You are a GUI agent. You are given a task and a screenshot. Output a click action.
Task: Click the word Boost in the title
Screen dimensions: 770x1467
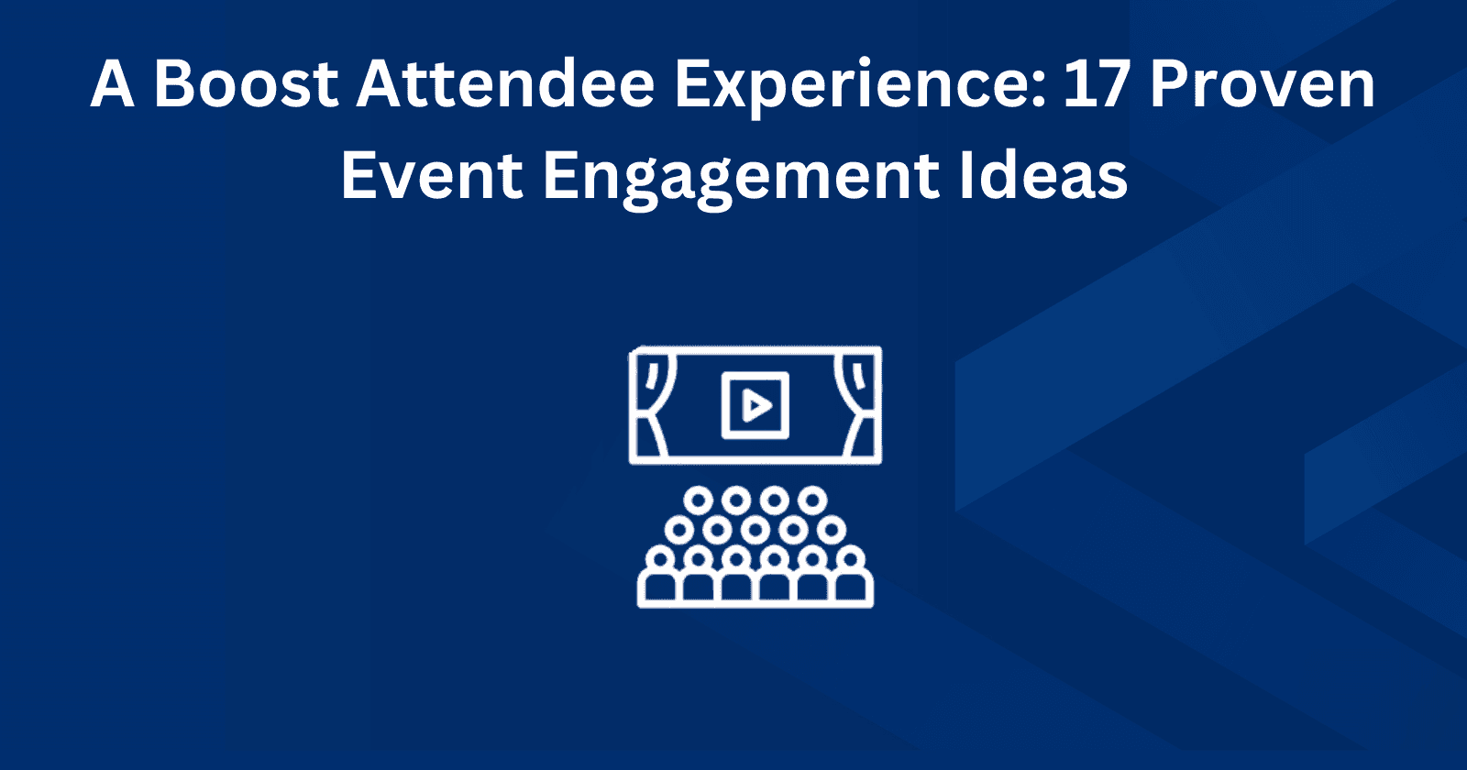pyautogui.click(x=247, y=84)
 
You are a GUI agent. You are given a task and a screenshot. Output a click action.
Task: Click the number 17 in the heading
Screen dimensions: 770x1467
pyautogui.click(x=1097, y=84)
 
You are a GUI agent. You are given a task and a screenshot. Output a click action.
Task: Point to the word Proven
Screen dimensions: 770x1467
pyautogui.click(x=1263, y=84)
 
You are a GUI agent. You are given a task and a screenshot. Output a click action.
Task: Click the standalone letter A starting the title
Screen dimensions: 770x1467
pyautogui.click(x=112, y=84)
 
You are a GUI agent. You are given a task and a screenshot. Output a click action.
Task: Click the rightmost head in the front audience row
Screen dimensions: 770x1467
pyautogui.click(x=851, y=557)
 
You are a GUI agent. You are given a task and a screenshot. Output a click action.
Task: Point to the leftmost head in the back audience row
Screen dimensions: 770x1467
pyautogui.click(x=699, y=500)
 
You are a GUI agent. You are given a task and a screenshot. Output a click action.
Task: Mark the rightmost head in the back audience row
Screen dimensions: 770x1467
pyautogui.click(x=811, y=500)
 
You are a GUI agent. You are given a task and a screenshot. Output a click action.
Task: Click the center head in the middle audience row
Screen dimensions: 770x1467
pyautogui.click(x=756, y=529)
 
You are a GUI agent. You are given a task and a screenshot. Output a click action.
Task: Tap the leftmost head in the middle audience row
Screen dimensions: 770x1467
pyautogui.click(x=679, y=529)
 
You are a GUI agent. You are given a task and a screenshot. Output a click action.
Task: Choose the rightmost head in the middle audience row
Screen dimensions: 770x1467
pyautogui.click(x=832, y=529)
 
